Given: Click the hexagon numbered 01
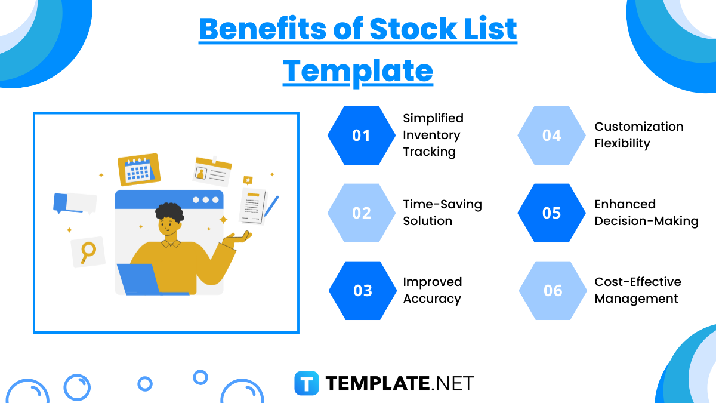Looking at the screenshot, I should click(x=362, y=136).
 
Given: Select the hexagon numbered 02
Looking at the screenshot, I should click(x=362, y=213).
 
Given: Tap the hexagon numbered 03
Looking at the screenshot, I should click(x=363, y=291).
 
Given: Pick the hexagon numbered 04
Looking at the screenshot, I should click(x=552, y=136).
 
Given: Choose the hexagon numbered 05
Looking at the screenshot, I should click(x=552, y=213).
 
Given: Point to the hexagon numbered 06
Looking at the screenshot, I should click(x=553, y=291).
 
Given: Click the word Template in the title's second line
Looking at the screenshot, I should click(x=357, y=70).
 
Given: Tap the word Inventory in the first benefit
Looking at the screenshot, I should click(x=431, y=135).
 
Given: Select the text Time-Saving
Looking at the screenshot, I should click(x=442, y=204).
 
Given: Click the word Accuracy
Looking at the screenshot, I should click(x=432, y=299).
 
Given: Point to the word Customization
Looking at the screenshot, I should click(x=638, y=127).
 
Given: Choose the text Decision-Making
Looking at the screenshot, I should click(x=646, y=221).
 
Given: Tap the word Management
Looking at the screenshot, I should click(x=636, y=299).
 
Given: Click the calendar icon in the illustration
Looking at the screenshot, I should click(x=139, y=170).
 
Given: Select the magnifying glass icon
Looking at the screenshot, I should click(x=88, y=251).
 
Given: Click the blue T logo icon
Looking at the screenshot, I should click(x=307, y=383).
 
